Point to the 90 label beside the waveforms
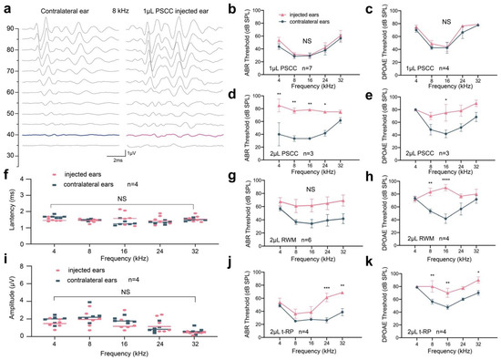point(9,28)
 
